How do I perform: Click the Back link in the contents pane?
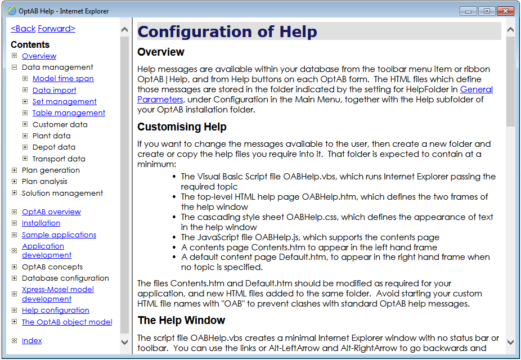[x=23, y=29]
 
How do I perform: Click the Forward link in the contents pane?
[x=56, y=29]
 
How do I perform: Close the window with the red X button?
[x=505, y=11]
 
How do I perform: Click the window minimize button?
[x=469, y=11]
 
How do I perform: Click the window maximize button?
[x=486, y=11]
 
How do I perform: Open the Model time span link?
[x=63, y=79]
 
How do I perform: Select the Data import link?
[x=54, y=90]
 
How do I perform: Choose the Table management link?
[x=69, y=113]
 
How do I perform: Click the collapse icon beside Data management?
[x=14, y=67]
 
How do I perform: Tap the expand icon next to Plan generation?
[x=14, y=170]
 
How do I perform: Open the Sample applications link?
[x=59, y=235]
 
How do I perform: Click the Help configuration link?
[x=55, y=310]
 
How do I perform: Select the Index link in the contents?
[x=32, y=341]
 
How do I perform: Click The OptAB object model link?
[x=66, y=322]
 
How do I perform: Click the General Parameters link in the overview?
[x=476, y=89]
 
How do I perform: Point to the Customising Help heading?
[x=182, y=127]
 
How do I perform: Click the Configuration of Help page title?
[x=227, y=31]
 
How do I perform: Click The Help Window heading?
[x=181, y=321]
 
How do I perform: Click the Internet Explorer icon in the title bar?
[x=11, y=11]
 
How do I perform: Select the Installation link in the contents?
[x=41, y=223]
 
